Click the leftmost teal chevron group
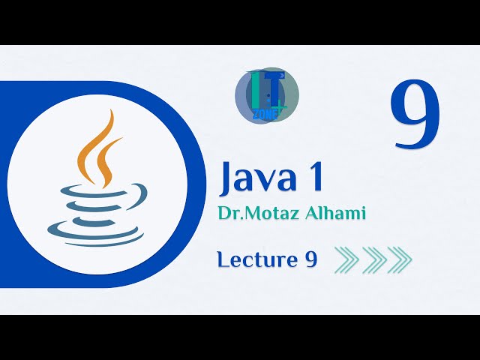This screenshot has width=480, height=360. [346, 259]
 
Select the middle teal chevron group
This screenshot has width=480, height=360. [373, 259]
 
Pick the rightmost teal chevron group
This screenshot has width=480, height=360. [400, 259]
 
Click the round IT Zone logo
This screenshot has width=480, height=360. [267, 96]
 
